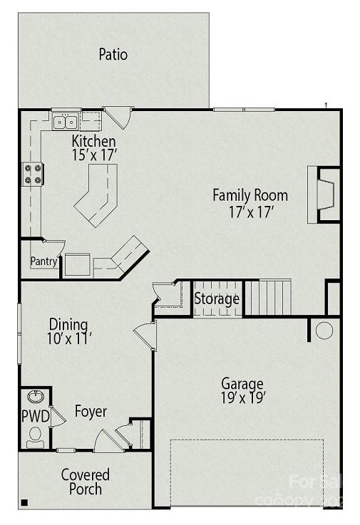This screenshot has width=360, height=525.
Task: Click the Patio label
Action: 113,54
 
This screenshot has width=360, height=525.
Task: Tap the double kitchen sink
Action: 66,123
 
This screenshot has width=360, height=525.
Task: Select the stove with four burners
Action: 34,175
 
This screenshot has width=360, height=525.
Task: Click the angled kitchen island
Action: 95,194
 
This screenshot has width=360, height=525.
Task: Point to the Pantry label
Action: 43,261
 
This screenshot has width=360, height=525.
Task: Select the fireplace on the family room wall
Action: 324,194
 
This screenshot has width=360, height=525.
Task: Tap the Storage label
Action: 217,299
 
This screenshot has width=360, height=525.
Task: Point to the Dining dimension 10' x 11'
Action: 69,339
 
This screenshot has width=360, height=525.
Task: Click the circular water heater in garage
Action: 324,330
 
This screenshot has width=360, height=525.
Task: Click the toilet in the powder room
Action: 34,437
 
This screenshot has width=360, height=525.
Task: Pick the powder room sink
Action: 35,395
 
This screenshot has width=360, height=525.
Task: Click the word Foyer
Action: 91,412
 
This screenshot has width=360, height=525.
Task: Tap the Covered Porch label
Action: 86,482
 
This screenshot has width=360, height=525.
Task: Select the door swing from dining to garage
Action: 146,335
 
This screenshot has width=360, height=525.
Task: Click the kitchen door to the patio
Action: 118,116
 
